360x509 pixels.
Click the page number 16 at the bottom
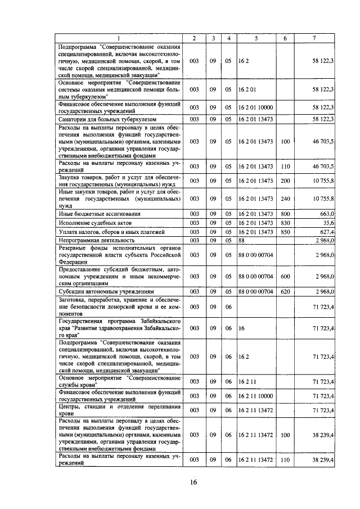click(193, 483)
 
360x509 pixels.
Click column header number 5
click(256, 38)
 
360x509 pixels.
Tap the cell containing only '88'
click(242, 240)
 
